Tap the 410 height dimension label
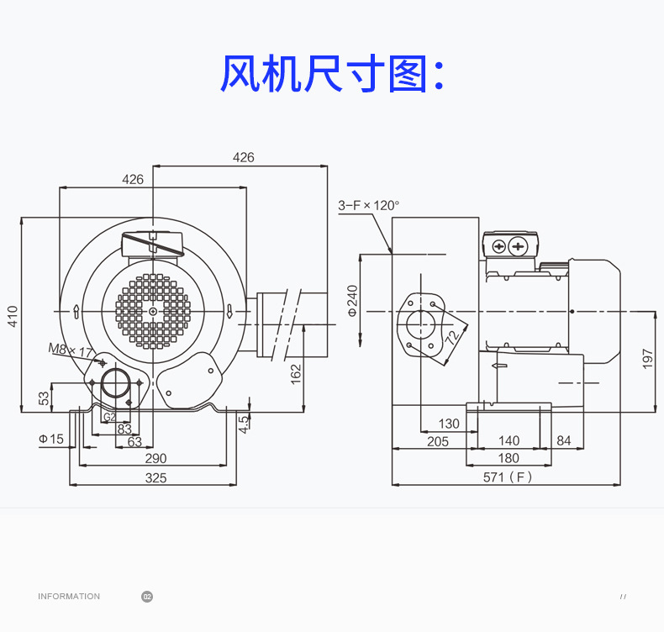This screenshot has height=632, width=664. tap(13, 316)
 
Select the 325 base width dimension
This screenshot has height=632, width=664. tap(155, 478)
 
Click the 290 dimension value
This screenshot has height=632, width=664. tap(155, 458)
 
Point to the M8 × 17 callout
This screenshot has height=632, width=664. tap(71, 350)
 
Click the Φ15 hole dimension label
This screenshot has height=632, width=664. tap(50, 439)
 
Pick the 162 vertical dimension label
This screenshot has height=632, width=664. tap(296, 374)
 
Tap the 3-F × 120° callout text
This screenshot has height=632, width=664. tap(368, 206)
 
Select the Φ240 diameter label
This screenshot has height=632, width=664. tap(352, 301)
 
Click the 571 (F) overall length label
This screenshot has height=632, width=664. tap(508, 477)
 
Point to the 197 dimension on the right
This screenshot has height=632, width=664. tap(647, 359)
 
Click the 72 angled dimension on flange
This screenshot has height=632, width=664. tap(452, 337)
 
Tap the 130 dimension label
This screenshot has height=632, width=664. tap(449, 424)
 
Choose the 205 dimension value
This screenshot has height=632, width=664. tap(437, 441)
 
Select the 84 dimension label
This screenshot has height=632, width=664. tap(564, 440)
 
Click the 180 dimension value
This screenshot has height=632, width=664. tap(509, 458)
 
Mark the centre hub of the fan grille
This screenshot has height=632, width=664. tap(153, 312)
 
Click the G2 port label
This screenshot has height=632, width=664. tap(109, 417)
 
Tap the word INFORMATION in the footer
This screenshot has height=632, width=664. tap(69, 597)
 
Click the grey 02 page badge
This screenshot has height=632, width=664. tap(147, 597)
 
